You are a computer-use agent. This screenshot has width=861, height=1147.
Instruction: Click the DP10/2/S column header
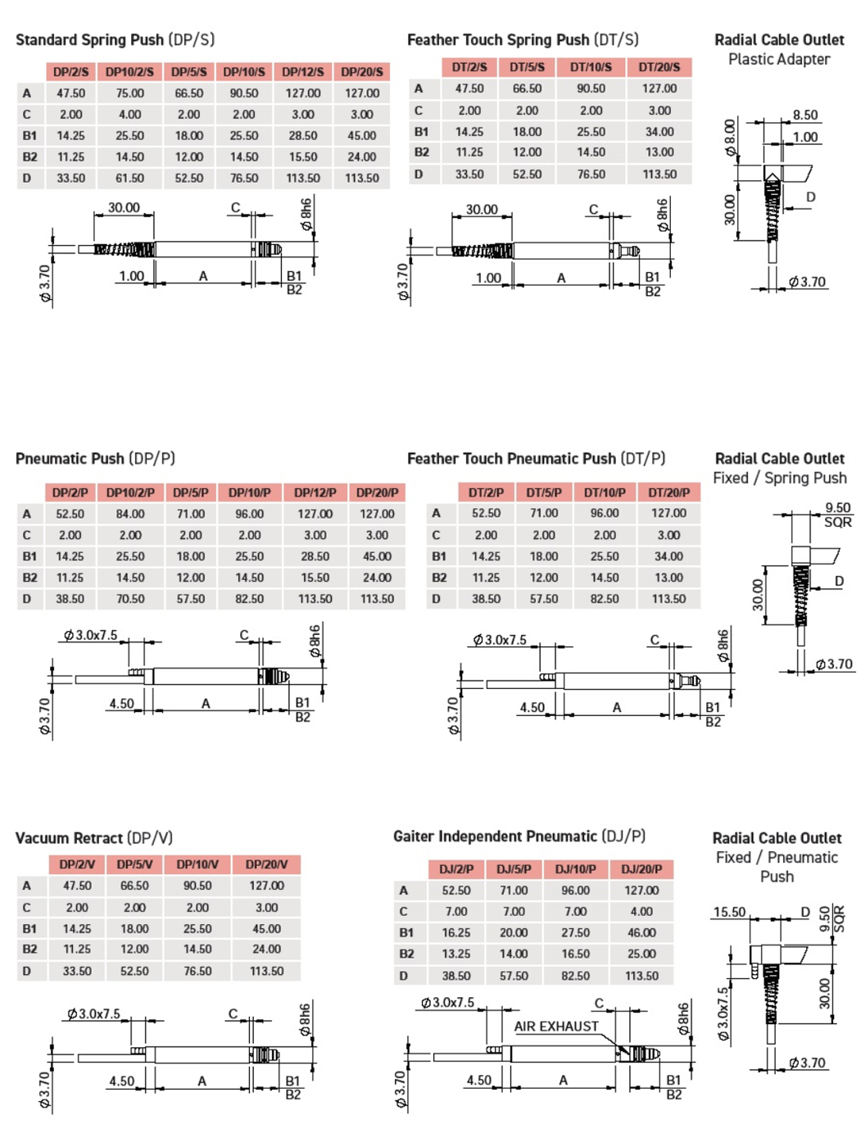[129, 72]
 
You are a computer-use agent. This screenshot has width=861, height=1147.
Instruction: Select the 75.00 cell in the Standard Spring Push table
[129, 93]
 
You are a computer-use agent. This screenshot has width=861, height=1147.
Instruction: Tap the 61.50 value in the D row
[129, 178]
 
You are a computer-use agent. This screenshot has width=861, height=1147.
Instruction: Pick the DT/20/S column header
[659, 67]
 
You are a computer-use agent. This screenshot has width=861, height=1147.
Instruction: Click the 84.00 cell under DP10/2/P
[130, 514]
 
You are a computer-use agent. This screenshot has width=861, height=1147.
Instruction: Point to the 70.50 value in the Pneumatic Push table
[130, 599]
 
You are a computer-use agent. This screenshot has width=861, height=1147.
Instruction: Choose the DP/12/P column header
[315, 492]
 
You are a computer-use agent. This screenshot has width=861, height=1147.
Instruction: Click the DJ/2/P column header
[456, 868]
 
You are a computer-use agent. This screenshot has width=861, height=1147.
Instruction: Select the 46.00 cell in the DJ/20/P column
[641, 932]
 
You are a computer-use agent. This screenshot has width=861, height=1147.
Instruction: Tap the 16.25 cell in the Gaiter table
[456, 932]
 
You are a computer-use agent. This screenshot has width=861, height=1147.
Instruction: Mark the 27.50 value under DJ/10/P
[575, 932]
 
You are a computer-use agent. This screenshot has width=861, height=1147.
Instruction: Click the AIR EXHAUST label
[556, 1027]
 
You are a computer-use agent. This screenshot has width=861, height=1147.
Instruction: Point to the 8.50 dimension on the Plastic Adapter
[805, 116]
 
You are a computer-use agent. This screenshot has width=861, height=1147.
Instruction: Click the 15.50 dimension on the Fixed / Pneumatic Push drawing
[729, 912]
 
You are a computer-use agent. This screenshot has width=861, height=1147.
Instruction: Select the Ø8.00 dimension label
[730, 137]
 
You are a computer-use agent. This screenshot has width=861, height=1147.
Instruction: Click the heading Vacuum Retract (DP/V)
[94, 838]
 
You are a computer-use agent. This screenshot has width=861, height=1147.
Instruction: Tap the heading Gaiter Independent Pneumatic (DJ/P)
[519, 836]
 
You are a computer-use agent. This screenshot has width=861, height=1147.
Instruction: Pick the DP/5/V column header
[134, 864]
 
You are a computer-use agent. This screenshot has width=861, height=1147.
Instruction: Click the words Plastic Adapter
[778, 59]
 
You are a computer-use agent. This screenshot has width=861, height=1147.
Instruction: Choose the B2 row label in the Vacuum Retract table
[29, 950]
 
